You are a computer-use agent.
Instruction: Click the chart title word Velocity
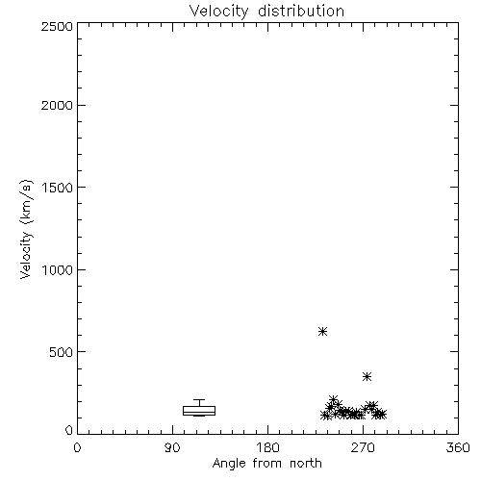(218, 12)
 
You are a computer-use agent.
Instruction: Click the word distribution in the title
(301, 11)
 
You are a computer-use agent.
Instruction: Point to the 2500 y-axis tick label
(57, 26)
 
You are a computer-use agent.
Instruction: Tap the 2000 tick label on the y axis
(57, 105)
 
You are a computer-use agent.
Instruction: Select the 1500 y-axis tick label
(58, 188)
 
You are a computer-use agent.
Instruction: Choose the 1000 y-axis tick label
(58, 269)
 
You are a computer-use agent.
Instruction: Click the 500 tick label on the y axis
(62, 352)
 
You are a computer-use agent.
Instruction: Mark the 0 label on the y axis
(69, 430)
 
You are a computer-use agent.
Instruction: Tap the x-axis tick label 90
(172, 447)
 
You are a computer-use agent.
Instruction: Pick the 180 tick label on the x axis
(267, 447)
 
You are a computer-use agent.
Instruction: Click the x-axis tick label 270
(363, 447)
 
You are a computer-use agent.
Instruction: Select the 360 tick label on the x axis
(458, 447)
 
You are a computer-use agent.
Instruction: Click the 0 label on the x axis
(77, 447)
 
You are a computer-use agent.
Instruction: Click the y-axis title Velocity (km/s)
(26, 229)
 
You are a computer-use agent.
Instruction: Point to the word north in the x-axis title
(306, 464)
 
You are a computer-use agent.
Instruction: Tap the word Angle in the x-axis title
(229, 464)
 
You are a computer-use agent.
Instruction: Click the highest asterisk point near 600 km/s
(322, 331)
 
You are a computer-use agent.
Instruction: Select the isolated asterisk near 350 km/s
(367, 376)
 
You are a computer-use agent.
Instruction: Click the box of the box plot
(199, 406)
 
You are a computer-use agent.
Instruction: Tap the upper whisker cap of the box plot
(199, 399)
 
